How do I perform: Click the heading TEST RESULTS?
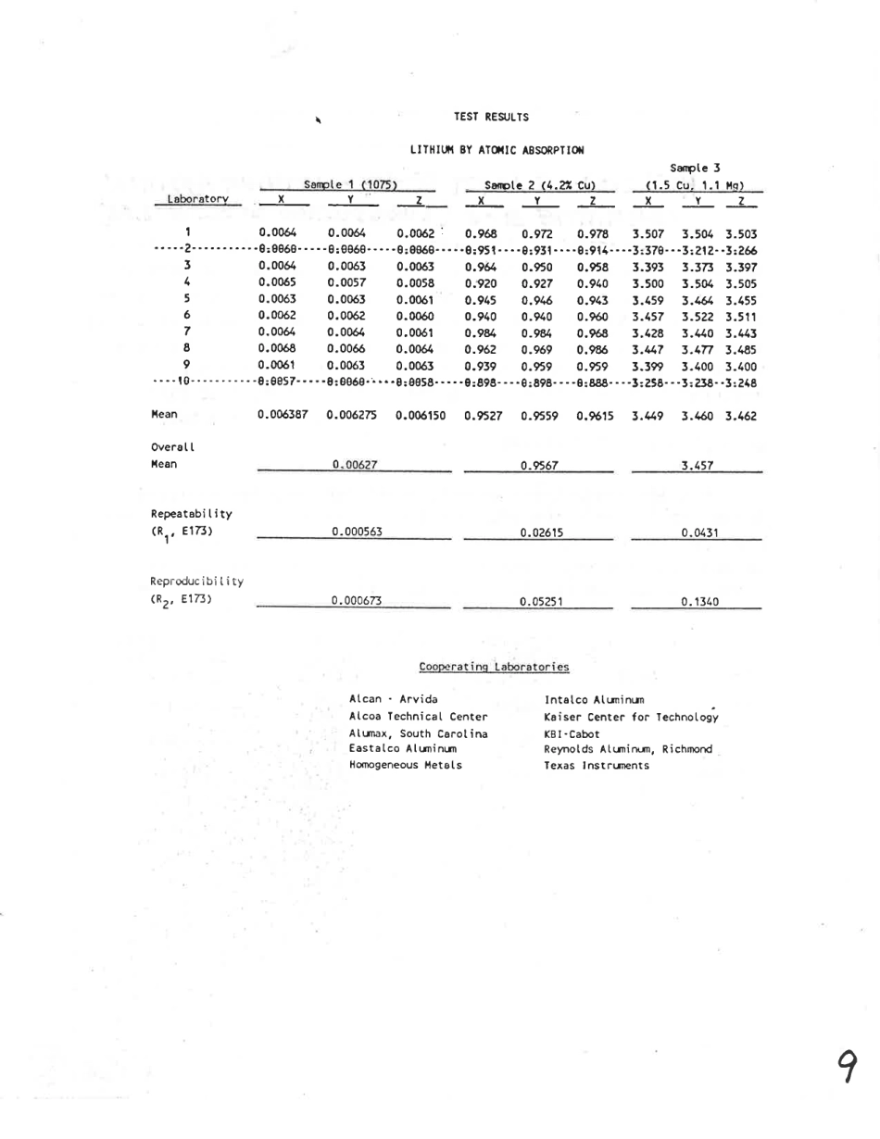(491, 117)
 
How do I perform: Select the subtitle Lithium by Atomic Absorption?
(498, 148)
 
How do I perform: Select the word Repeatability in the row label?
(186, 514)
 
